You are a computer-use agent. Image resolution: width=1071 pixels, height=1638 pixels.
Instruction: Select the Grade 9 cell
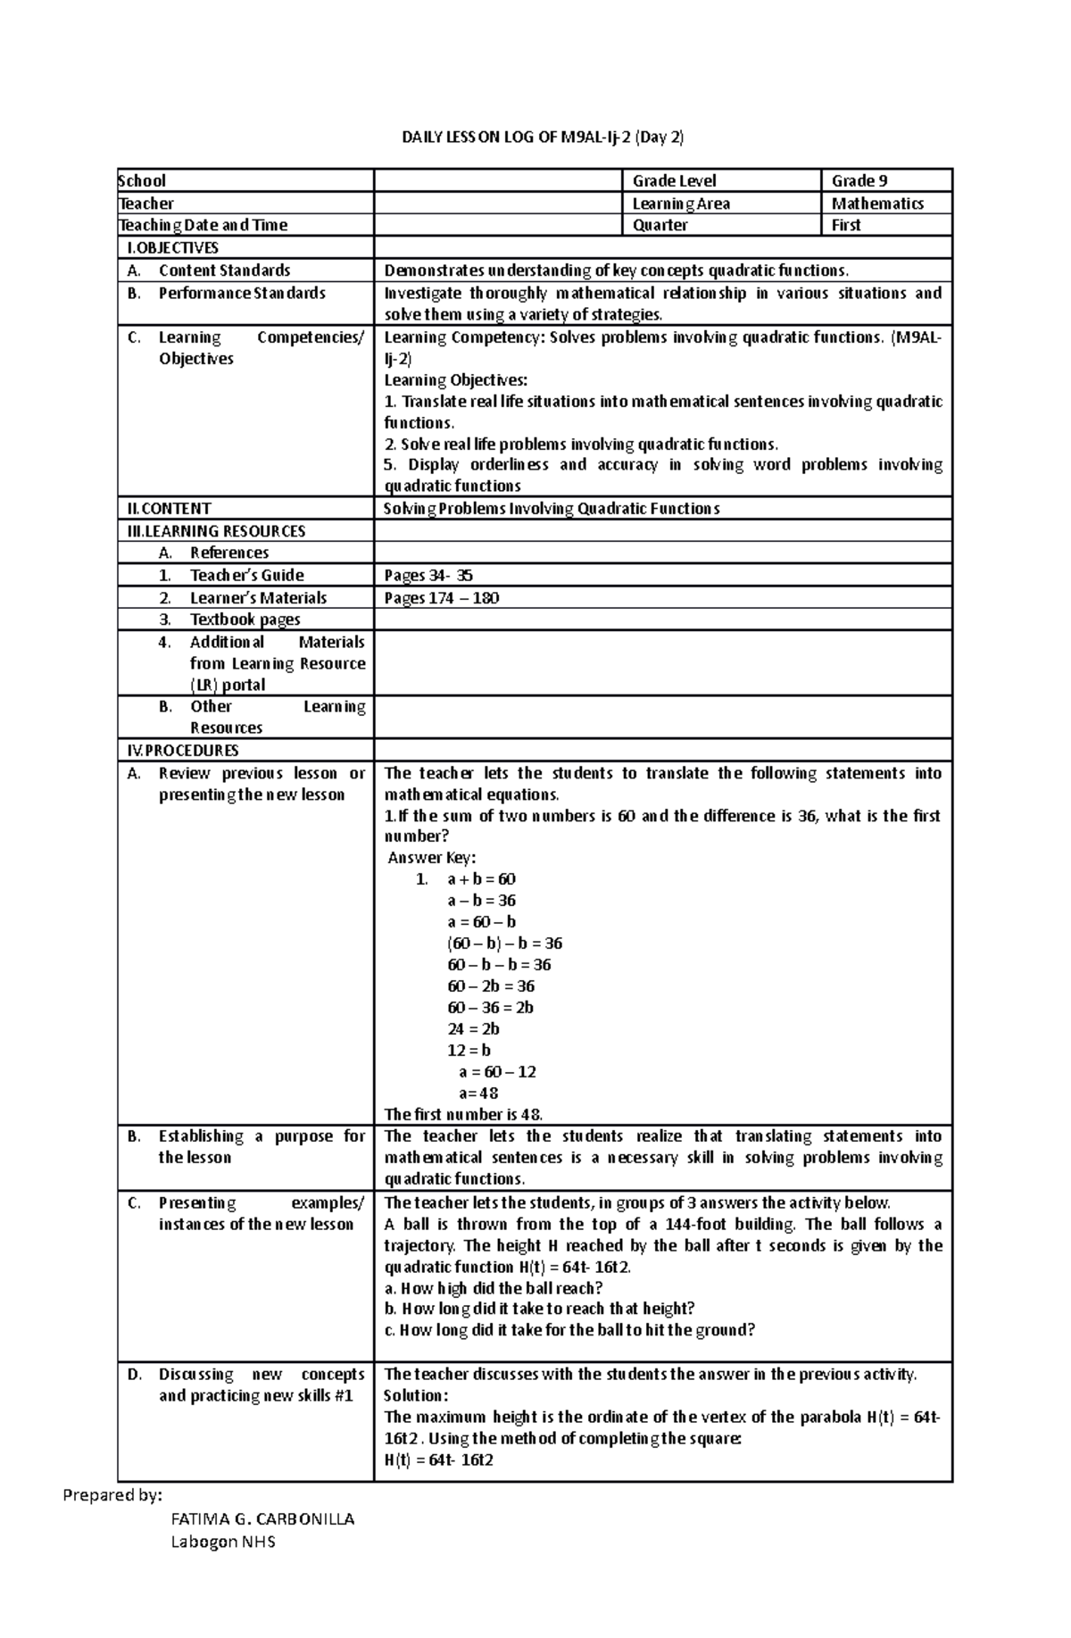tap(859, 180)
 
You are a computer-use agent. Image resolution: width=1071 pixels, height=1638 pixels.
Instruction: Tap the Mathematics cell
tap(876, 204)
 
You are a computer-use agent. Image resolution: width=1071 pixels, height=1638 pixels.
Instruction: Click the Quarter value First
tap(845, 225)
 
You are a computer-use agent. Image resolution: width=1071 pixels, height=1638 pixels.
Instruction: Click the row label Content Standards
tap(224, 270)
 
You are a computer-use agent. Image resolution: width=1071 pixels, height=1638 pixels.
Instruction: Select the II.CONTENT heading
tap(169, 509)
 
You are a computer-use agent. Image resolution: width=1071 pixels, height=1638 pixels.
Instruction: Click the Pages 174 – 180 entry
tap(441, 598)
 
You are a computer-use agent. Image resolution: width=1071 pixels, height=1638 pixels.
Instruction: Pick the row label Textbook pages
tap(245, 619)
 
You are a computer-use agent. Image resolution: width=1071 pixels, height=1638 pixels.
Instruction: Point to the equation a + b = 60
tap(481, 879)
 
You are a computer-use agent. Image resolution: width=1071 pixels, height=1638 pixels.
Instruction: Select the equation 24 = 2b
tap(473, 1029)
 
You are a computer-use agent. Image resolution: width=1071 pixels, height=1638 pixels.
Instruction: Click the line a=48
tap(478, 1093)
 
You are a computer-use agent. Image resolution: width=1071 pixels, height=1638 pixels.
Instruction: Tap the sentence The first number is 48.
tap(462, 1115)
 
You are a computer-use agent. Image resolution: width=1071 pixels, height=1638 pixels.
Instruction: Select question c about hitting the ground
tap(569, 1330)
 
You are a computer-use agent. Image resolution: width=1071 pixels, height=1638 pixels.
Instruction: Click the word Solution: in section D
tap(415, 1396)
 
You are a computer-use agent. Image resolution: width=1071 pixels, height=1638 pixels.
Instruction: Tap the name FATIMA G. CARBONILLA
tap(262, 1519)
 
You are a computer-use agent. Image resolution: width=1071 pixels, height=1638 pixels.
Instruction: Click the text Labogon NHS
tap(223, 1542)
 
